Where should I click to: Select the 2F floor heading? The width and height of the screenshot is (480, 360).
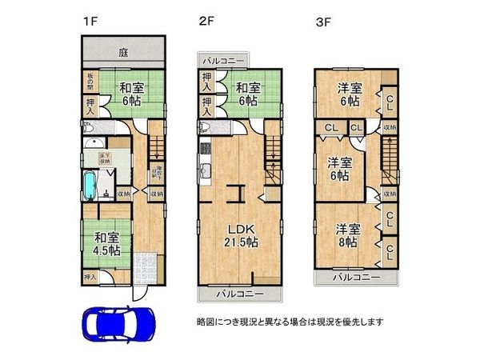(x=206, y=22)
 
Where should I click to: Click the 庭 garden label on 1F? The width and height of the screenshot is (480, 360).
(x=124, y=52)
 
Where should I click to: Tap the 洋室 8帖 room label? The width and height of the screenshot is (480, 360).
(x=347, y=235)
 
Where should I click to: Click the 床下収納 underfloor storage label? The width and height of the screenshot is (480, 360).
(x=105, y=158)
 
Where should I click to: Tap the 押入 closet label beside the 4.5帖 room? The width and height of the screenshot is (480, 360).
(x=90, y=276)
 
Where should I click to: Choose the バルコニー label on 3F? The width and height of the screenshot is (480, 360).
(x=355, y=278)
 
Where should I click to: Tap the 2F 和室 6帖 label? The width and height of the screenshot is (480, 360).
(x=246, y=95)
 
